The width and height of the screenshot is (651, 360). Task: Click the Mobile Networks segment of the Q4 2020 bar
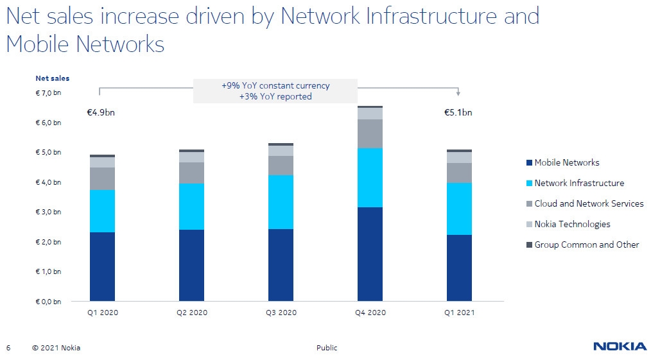coord(370,254)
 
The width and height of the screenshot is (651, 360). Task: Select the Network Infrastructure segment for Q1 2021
coord(459,209)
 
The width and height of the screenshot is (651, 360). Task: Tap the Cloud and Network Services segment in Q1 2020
coord(102,178)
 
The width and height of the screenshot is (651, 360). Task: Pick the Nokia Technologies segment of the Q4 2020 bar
coord(370,114)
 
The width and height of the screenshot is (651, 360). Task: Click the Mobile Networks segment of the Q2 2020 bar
coord(191,265)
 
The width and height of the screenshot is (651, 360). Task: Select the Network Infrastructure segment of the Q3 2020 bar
coord(281,201)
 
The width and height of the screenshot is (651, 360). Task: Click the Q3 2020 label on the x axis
coord(281,313)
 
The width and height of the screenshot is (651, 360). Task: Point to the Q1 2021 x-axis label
coord(459,313)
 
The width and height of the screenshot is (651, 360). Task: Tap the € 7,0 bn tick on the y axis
coord(48,93)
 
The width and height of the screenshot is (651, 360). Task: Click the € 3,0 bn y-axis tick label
coord(48,212)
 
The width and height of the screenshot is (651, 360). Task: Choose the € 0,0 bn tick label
coord(48,301)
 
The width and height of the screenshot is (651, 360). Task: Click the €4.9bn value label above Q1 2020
coord(100,113)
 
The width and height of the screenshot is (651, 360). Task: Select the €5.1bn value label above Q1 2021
coord(458,113)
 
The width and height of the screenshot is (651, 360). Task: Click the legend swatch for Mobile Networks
coord(529,163)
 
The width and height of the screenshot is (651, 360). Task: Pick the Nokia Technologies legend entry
coord(572,224)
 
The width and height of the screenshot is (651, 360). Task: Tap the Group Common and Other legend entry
coord(586,244)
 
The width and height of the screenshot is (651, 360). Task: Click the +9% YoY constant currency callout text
coord(275,86)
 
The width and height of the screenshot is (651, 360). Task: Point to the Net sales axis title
coord(52,78)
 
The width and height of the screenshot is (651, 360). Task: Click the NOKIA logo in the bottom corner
coord(620,347)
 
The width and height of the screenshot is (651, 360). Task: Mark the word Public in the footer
coord(326,348)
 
